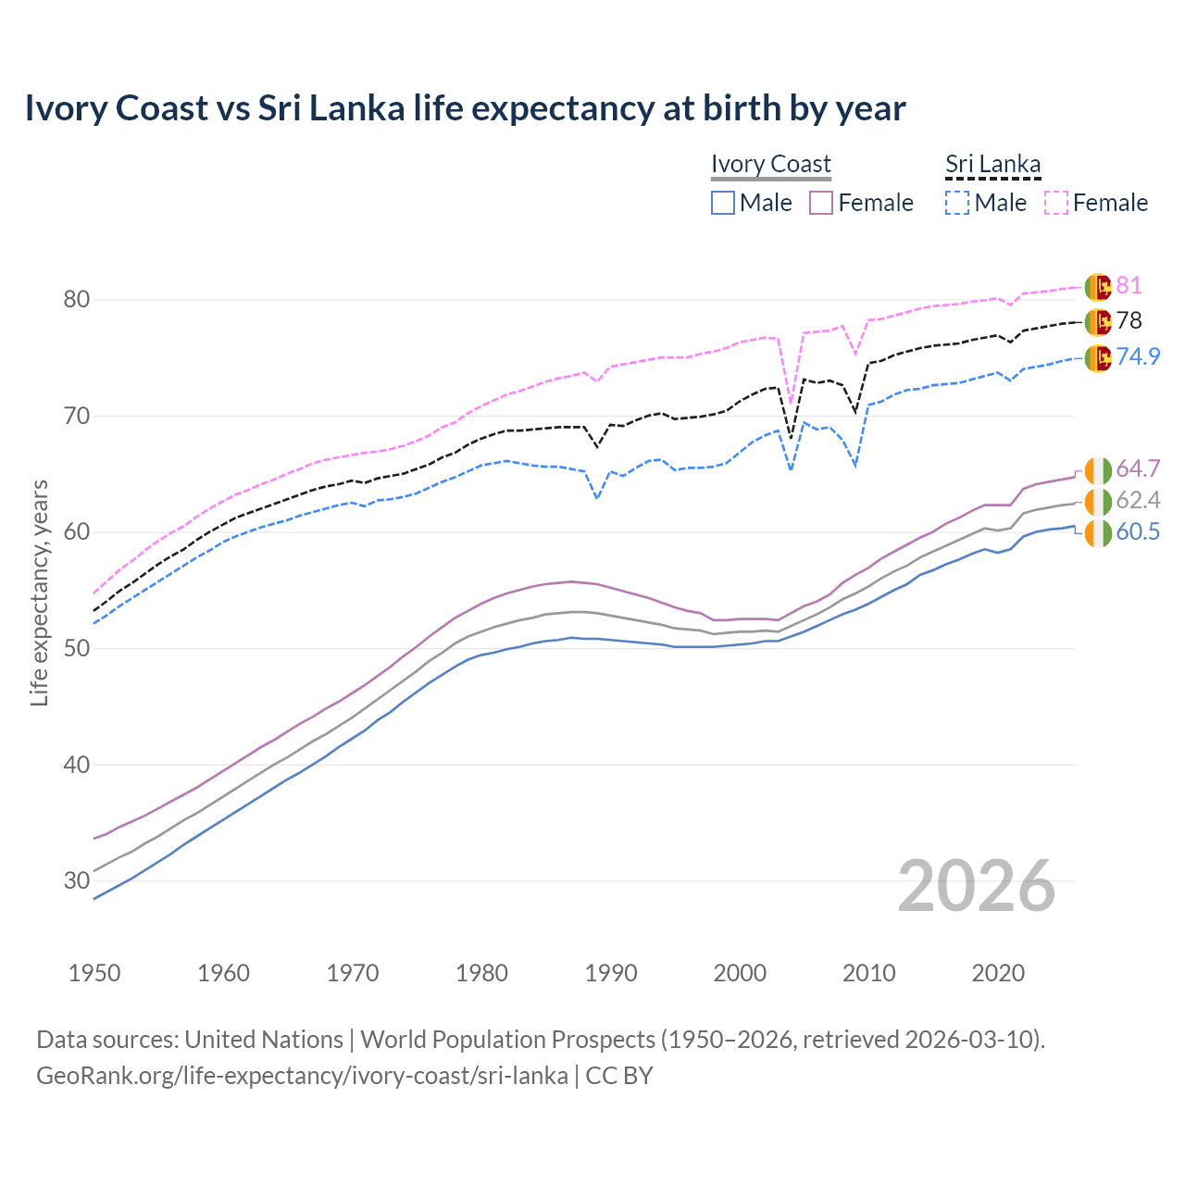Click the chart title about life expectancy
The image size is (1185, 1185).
click(x=465, y=108)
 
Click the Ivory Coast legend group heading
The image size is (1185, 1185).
click(x=770, y=164)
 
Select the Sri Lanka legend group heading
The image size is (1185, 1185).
click(x=992, y=164)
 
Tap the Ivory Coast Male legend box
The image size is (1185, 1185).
click(x=723, y=203)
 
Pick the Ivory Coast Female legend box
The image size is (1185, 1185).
click(x=821, y=203)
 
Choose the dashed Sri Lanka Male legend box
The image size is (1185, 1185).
click(x=957, y=203)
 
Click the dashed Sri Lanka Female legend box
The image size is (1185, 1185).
click(x=1056, y=203)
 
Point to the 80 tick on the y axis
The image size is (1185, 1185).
click(x=77, y=299)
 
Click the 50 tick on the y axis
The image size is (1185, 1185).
click(x=77, y=648)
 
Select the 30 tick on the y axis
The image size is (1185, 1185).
click(x=77, y=880)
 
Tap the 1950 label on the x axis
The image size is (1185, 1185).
click(x=94, y=973)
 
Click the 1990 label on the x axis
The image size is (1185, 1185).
click(x=611, y=973)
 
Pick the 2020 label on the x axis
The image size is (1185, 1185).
click(x=998, y=973)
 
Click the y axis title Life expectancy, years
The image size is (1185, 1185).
click(x=39, y=592)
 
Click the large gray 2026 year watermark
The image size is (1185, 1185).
click(x=976, y=886)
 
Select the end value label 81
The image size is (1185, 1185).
click(x=1129, y=286)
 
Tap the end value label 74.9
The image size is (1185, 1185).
click(x=1138, y=356)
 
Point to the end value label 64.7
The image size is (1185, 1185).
click(x=1138, y=468)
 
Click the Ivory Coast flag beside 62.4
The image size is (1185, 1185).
click(x=1098, y=502)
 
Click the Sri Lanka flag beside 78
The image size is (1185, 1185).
click(x=1098, y=321)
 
